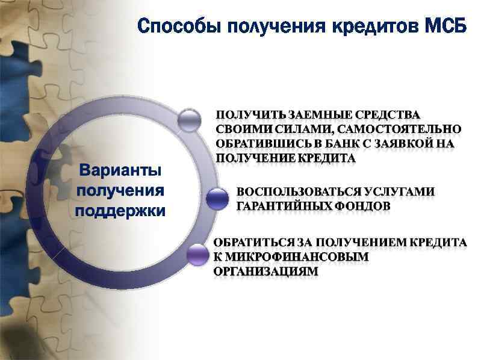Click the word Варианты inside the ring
pyautogui.click(x=120, y=170)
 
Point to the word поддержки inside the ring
pyautogui.click(x=120, y=211)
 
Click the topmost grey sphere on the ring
pyautogui.click(x=190, y=119)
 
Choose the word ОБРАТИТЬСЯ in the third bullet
pyautogui.click(x=253, y=242)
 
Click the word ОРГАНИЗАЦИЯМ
pyautogui.click(x=265, y=272)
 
